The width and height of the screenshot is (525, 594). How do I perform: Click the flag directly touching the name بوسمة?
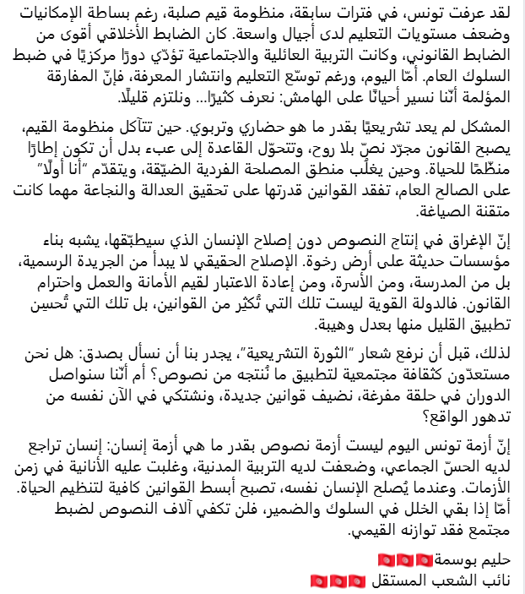pos(427,560)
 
